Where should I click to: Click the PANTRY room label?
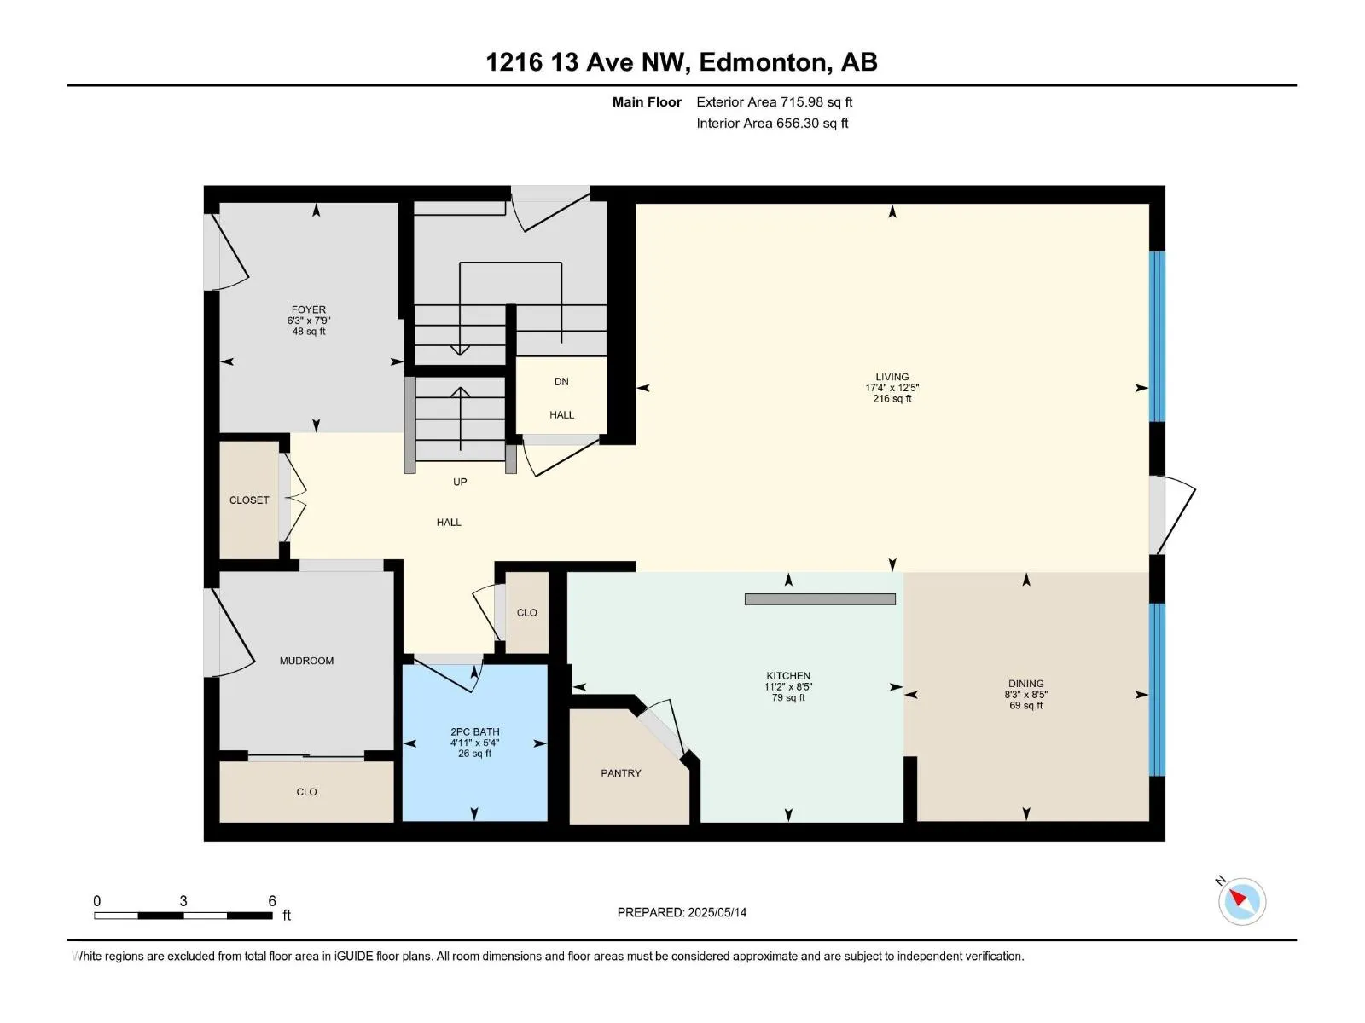tap(620, 773)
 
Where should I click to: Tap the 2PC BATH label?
tap(475, 731)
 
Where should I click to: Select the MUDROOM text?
tap(306, 661)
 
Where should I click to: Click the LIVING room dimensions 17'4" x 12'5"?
tap(892, 388)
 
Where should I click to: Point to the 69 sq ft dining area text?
tap(1025, 706)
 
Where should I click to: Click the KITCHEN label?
tap(787, 676)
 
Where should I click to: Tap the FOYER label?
tap(308, 310)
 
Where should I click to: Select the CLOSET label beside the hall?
tap(249, 500)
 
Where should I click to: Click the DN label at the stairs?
tap(561, 382)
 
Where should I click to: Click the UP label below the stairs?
tap(460, 482)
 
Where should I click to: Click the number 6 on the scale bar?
tap(272, 901)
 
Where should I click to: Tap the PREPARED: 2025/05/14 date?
tap(682, 912)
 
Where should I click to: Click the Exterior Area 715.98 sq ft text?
tap(774, 102)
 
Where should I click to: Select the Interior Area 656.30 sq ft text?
tap(772, 124)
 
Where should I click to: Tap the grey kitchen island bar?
tap(820, 599)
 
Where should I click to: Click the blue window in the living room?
tap(1157, 336)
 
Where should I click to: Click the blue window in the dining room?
tap(1157, 689)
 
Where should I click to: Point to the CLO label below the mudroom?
tap(306, 792)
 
